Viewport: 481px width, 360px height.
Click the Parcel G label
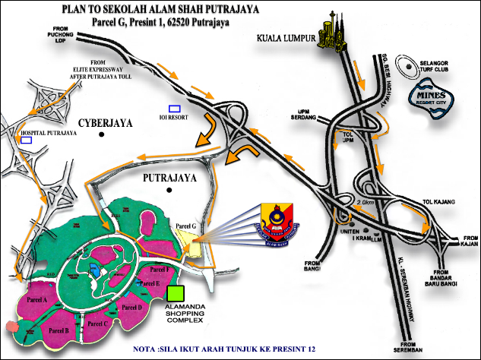click(186, 226)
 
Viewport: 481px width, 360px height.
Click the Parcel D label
click(131, 307)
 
